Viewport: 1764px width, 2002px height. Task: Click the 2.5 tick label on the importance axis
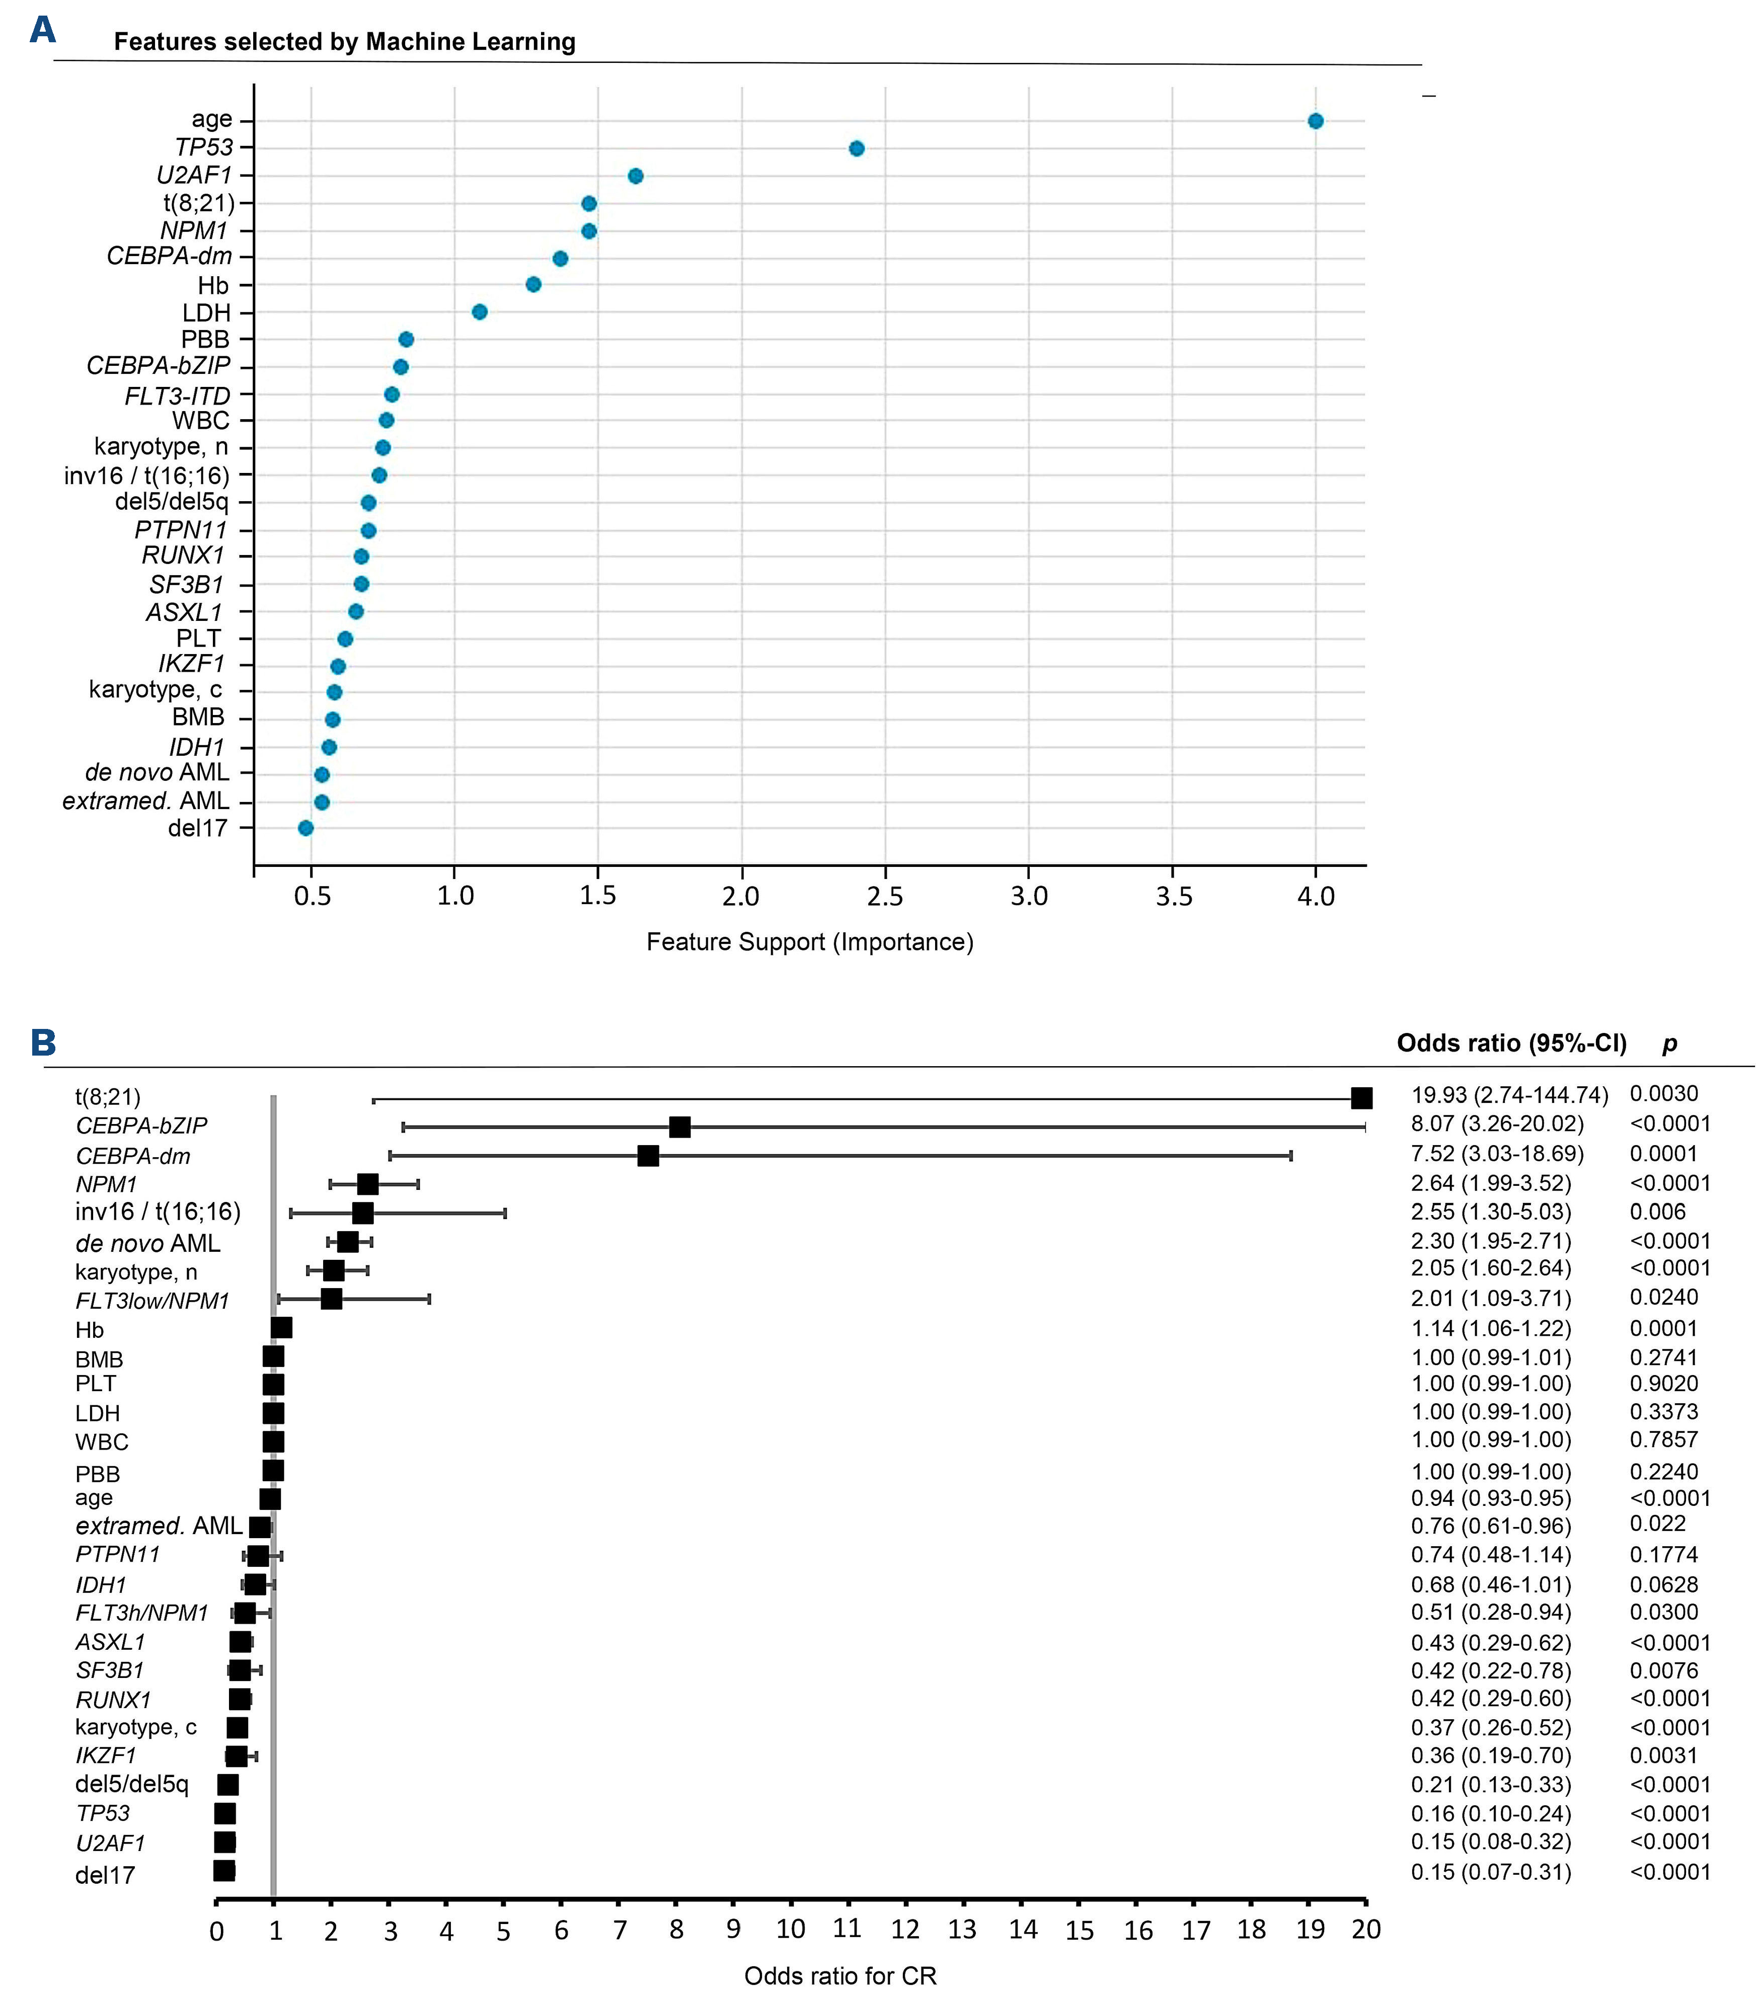(x=884, y=896)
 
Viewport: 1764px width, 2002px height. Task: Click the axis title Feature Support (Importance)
(x=809, y=942)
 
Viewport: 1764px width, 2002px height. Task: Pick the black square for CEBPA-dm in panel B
(x=647, y=1156)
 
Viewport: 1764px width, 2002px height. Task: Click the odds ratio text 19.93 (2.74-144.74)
(x=1509, y=1095)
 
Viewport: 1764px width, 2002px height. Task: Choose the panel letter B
(x=43, y=1042)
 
